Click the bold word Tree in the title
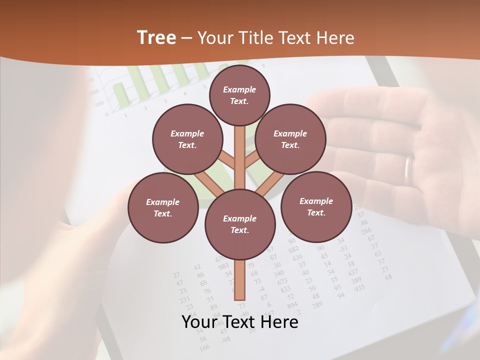(x=156, y=37)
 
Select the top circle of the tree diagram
(x=239, y=95)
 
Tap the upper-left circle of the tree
(x=187, y=139)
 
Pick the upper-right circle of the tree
(x=290, y=139)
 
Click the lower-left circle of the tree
(x=163, y=208)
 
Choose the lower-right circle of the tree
(x=316, y=206)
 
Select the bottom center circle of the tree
(x=240, y=224)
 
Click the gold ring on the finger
(x=409, y=170)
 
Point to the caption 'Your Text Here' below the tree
(x=239, y=322)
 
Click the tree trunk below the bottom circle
(x=240, y=280)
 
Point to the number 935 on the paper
(x=359, y=288)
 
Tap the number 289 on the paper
(x=317, y=303)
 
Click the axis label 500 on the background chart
(x=99, y=103)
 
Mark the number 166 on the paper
(x=204, y=347)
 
